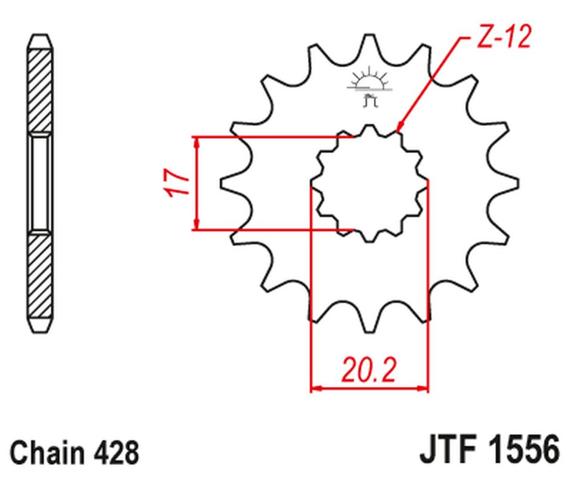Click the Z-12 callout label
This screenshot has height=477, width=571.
point(504,36)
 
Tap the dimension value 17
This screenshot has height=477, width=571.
point(178,182)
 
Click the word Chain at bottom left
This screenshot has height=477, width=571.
point(47,452)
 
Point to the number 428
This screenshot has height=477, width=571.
point(116,452)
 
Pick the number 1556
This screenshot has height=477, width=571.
point(525,448)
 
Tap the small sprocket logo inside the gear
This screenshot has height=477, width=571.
point(370,86)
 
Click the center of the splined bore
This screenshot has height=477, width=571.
point(370,184)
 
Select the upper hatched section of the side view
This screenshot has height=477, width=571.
point(40,91)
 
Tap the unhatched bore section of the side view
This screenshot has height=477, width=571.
point(40,183)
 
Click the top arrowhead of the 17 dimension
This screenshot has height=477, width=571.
point(197,143)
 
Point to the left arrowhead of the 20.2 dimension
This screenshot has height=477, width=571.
point(316,388)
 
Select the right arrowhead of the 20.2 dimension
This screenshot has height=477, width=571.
point(423,388)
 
